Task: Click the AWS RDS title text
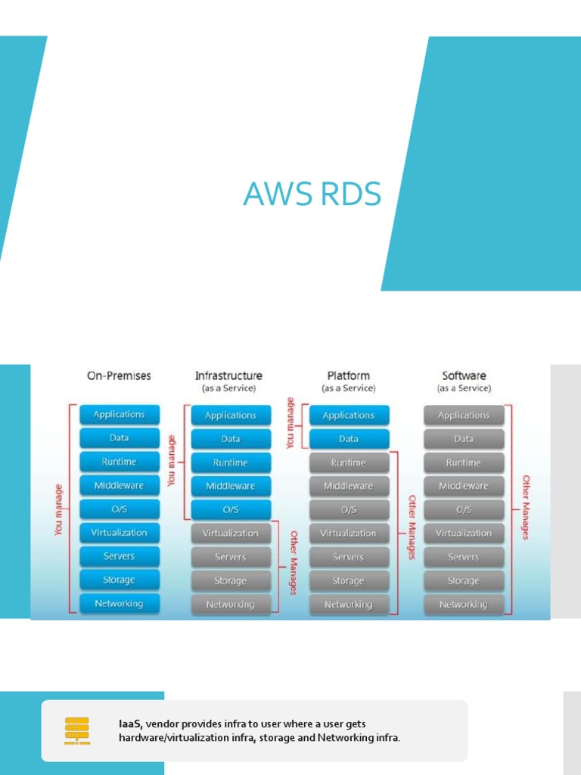coord(312,195)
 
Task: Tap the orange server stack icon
coord(76,731)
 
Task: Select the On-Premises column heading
coord(119,375)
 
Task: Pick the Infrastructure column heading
coord(228,375)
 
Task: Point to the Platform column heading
coord(348,375)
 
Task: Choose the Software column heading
coord(464,375)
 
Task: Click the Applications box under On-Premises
coord(119,415)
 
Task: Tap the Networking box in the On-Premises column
coord(119,603)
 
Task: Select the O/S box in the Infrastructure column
coord(231,509)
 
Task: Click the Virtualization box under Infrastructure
coord(231,534)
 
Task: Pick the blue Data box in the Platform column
coord(349,439)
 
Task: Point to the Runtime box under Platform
coord(349,462)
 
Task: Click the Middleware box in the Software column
coord(464,486)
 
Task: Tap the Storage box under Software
coord(464,580)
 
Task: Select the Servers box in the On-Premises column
coord(119,556)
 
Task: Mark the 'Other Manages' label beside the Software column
coord(526,507)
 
